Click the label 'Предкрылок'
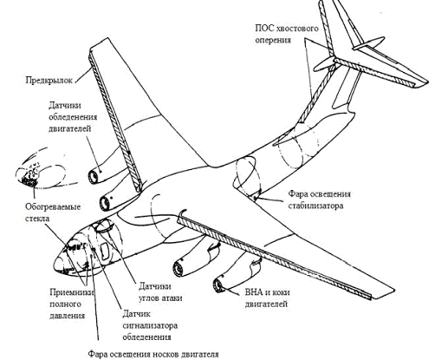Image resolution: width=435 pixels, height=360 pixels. [x=49, y=80]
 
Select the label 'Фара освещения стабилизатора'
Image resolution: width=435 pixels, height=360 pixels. [x=319, y=200]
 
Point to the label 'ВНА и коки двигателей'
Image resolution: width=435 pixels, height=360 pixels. [x=267, y=298]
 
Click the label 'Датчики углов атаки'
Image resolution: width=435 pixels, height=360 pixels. [x=160, y=292]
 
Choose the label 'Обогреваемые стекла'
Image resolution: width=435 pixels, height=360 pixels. [x=53, y=213]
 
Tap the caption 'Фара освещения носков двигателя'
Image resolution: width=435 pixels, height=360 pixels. [x=153, y=354]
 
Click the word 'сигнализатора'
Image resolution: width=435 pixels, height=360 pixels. [x=150, y=325]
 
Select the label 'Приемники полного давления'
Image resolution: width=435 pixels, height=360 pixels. [x=72, y=304]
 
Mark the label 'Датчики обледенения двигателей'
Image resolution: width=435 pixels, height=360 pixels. [x=73, y=117]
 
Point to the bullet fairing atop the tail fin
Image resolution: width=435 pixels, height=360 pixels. [x=368, y=44]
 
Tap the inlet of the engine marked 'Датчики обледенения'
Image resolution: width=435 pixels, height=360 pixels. [x=93, y=177]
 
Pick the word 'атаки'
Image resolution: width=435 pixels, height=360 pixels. [x=172, y=298]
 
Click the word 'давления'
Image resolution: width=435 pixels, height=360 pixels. [x=67, y=315]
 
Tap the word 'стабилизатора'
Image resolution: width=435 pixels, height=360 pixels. [x=315, y=206]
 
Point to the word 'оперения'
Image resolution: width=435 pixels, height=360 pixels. [x=273, y=40]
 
